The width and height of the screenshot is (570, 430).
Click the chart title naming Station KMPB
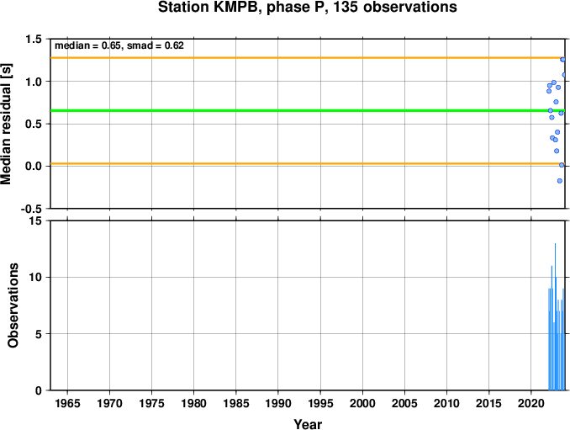point(307,8)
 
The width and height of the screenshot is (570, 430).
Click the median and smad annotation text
point(119,45)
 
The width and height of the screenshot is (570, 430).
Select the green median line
point(308,110)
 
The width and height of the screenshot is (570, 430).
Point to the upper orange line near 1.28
point(308,58)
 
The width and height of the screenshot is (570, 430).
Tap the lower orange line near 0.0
point(308,164)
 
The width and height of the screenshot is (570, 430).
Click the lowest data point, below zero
point(559,181)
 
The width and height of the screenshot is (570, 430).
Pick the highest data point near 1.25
point(562,59)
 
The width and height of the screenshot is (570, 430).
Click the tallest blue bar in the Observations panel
point(555,316)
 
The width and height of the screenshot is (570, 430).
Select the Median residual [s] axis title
point(6,124)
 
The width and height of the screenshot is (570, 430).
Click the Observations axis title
point(13,305)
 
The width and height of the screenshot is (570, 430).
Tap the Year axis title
point(308,424)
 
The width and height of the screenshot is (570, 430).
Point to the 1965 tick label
point(67,403)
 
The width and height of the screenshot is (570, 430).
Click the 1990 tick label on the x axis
point(278,403)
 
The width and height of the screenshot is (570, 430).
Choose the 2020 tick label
point(531,403)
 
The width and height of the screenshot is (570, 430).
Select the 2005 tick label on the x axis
point(404,403)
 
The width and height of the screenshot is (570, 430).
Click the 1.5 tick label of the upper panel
point(34,39)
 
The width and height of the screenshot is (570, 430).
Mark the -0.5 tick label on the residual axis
point(31,209)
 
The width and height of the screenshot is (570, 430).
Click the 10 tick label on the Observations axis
point(35,277)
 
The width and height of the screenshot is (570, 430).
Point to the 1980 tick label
point(193,403)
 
